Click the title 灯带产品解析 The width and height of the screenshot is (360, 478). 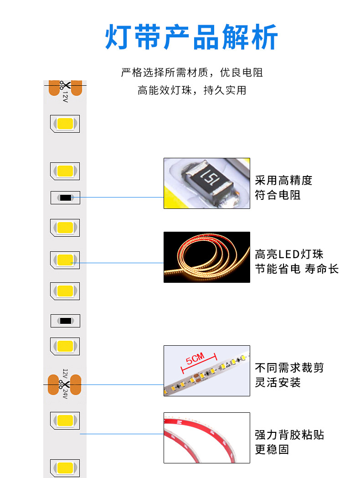[191, 37]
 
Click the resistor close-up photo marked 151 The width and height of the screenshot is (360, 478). [207, 183]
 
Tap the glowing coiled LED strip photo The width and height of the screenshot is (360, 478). [207, 257]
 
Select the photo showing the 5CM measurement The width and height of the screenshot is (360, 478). [207, 371]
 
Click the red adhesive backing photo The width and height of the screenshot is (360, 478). [207, 438]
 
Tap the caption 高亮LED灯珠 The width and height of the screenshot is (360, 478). [289, 254]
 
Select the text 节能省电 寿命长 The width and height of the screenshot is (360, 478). [297, 269]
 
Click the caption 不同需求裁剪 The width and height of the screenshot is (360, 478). [289, 367]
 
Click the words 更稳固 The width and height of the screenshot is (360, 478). [272, 449]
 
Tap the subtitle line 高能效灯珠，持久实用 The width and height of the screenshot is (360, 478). [192, 90]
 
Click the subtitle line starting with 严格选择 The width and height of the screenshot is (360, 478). [192, 73]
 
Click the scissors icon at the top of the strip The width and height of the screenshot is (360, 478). [65, 85]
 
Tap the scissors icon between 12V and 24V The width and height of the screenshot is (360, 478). [65, 384]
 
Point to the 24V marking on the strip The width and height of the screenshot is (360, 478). [65, 394]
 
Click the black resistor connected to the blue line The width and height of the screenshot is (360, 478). [65, 197]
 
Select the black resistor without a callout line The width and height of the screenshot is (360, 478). [65, 321]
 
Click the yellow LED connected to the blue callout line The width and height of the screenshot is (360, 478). [65, 260]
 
